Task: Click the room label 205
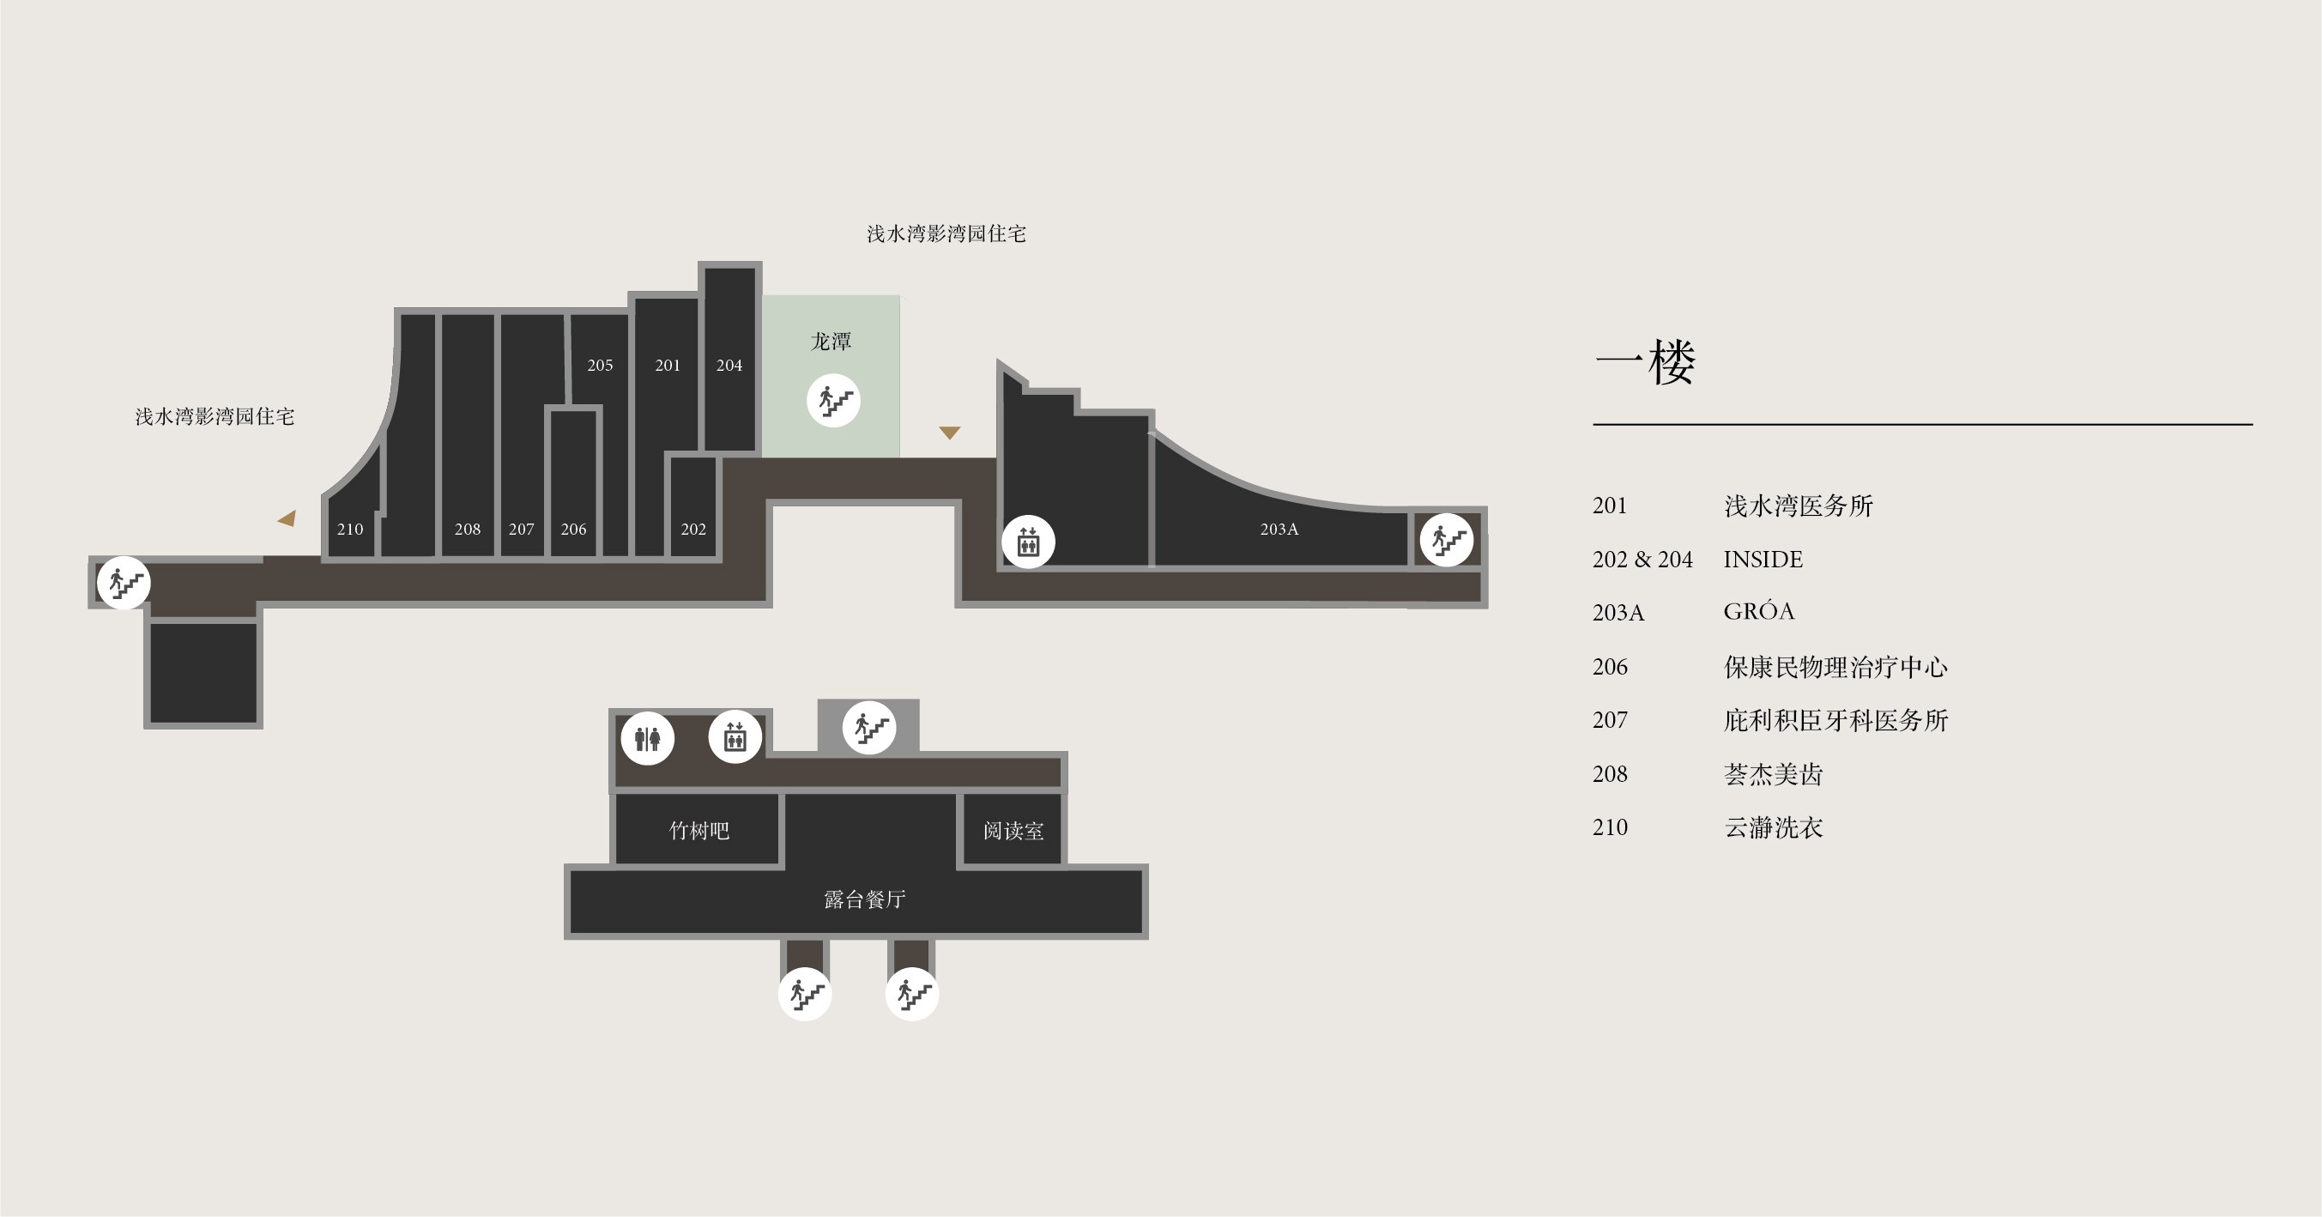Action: (x=600, y=365)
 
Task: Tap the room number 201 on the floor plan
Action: (x=667, y=365)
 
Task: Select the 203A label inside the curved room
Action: (x=1279, y=530)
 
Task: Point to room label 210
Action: (x=350, y=530)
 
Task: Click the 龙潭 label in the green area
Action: (x=830, y=342)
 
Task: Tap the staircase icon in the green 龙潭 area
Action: (x=833, y=400)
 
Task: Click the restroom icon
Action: (x=647, y=738)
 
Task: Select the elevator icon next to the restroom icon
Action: (x=735, y=737)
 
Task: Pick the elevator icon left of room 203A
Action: (x=1028, y=542)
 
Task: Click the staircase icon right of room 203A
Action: (x=1446, y=540)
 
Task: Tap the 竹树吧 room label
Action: (x=698, y=830)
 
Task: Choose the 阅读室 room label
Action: (x=1013, y=830)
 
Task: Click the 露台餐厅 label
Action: (x=864, y=899)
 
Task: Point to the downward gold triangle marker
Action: (x=949, y=433)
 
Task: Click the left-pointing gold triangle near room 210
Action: (x=287, y=518)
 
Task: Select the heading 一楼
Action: (x=1645, y=362)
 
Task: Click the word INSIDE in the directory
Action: (x=1763, y=559)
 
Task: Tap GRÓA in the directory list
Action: (x=1758, y=610)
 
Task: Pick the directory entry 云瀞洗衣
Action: (x=1773, y=827)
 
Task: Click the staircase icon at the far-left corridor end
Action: (x=124, y=584)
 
